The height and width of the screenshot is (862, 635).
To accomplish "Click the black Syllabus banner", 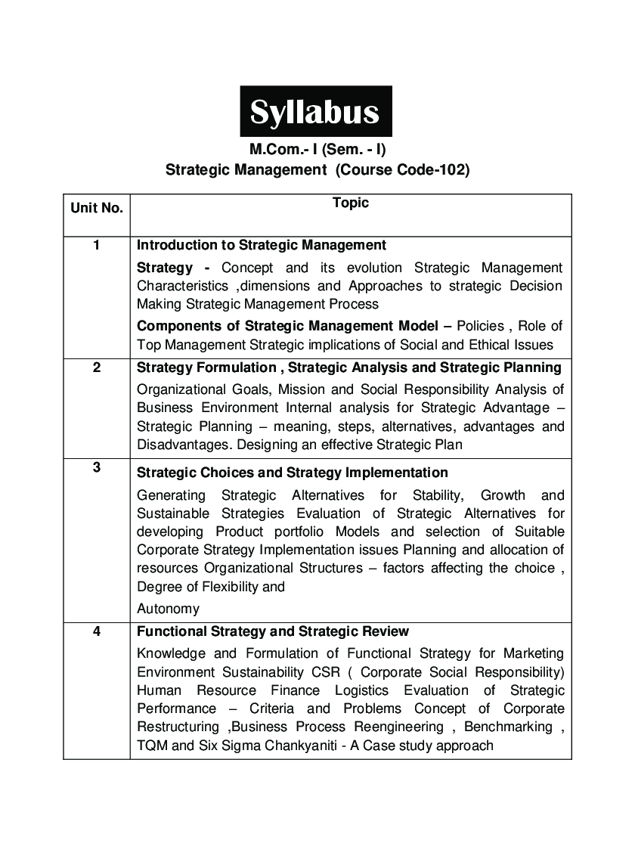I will click(x=316, y=112).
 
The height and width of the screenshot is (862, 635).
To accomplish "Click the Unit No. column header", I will click(x=97, y=208).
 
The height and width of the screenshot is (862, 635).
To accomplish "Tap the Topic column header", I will click(x=351, y=203).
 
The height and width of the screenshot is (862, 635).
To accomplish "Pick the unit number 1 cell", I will click(x=97, y=245).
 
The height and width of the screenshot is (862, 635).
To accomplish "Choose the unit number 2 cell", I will click(x=97, y=367).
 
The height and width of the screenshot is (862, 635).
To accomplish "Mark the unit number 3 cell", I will click(x=97, y=467).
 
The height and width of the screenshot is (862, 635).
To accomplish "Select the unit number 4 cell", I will click(x=97, y=631).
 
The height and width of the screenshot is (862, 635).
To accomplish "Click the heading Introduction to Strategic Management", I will click(x=262, y=245).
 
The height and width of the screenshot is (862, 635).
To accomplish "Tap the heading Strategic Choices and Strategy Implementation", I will click(x=293, y=473).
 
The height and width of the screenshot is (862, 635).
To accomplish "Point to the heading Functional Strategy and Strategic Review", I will click(x=273, y=631).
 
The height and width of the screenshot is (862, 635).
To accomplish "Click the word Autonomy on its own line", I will click(x=168, y=609).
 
